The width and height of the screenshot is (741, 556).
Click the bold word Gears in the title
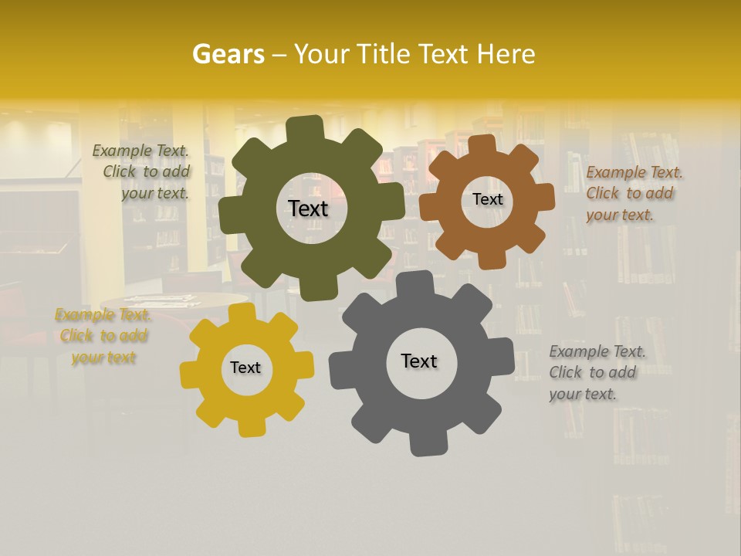tap(228, 54)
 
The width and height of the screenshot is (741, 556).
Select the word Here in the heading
tap(506, 54)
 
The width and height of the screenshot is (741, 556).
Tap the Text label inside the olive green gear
tap(308, 208)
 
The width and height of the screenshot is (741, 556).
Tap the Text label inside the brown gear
tap(487, 199)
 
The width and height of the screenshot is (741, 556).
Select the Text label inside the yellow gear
tap(245, 368)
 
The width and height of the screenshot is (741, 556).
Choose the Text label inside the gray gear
tap(419, 361)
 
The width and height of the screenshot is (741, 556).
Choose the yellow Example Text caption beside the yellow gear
tap(103, 336)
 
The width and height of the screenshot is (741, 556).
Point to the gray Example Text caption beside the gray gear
tap(595, 372)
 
